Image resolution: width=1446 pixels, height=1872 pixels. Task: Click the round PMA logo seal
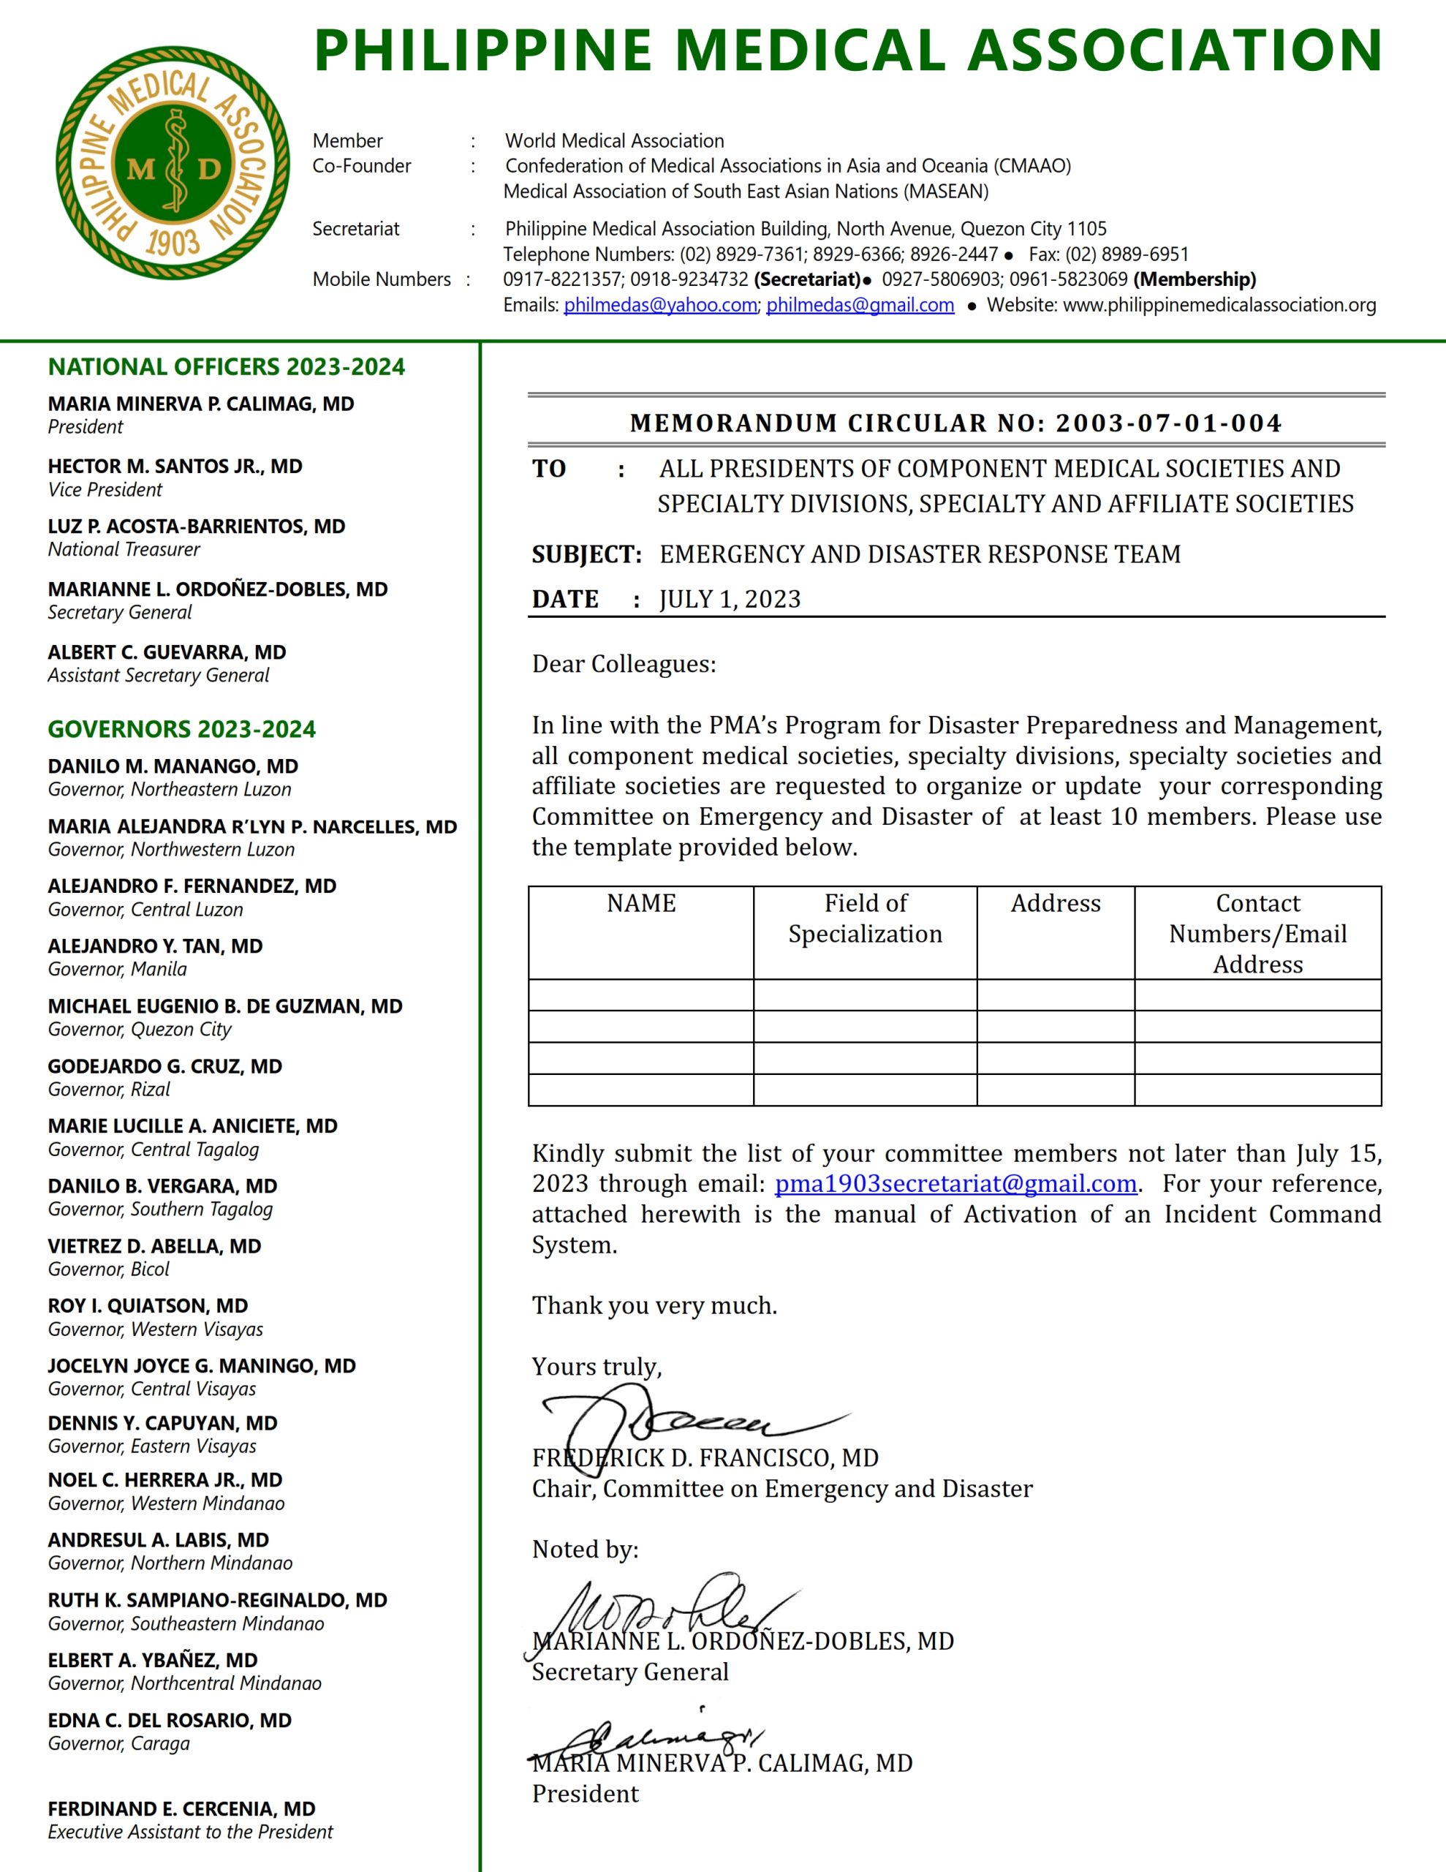tap(173, 163)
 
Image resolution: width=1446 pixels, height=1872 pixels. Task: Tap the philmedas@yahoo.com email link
tap(660, 305)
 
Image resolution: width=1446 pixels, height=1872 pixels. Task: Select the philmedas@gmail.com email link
tap(860, 305)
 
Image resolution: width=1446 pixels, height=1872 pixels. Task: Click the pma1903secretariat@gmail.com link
tap(955, 1184)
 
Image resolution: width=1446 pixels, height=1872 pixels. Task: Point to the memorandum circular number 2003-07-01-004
tap(1168, 423)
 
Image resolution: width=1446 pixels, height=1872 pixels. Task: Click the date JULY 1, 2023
tap(730, 599)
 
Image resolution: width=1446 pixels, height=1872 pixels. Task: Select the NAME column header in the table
tap(641, 903)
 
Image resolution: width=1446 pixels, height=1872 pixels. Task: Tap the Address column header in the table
tap(1055, 903)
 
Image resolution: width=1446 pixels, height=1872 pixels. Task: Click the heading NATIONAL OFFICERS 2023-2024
tap(227, 367)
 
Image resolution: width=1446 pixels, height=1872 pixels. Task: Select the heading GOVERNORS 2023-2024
tap(182, 730)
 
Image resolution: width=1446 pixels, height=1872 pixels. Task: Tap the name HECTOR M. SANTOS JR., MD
tap(175, 467)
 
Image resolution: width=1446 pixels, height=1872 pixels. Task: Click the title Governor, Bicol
tap(109, 1269)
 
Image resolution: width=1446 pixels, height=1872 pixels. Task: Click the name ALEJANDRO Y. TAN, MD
tap(155, 946)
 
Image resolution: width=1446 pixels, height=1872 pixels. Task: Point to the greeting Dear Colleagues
tap(624, 664)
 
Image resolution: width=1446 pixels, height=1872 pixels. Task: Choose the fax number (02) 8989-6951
tap(1127, 254)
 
